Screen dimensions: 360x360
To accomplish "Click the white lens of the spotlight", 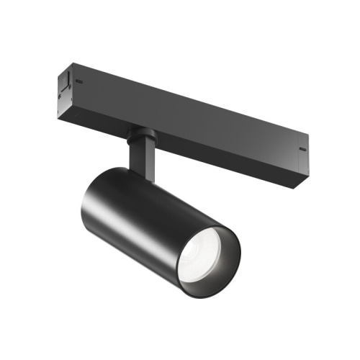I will coord(204,254).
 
